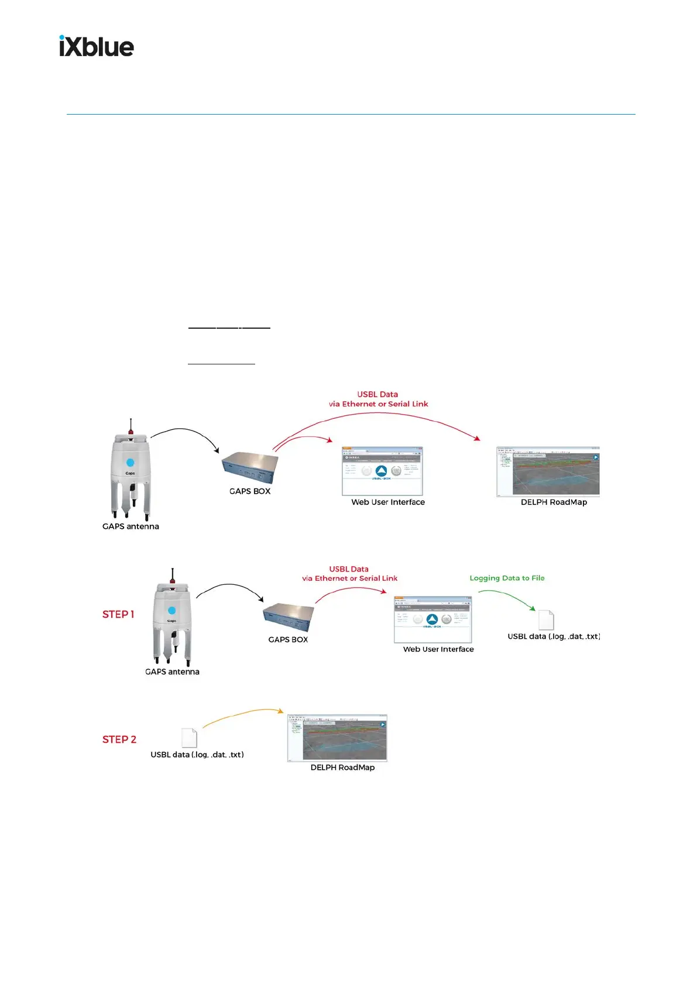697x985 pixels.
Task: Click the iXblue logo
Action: tap(97, 46)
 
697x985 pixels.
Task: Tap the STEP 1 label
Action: tap(118, 614)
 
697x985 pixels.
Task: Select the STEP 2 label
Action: tap(119, 739)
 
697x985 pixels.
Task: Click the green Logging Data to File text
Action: tap(507, 578)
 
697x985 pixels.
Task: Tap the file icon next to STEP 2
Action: tap(189, 738)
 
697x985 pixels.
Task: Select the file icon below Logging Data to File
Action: tap(545, 620)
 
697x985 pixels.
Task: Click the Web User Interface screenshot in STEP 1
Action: tap(433, 619)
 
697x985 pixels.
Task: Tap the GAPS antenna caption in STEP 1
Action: tap(172, 671)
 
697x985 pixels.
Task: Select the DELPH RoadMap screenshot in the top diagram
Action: tap(548, 471)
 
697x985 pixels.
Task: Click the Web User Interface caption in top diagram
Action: tap(388, 502)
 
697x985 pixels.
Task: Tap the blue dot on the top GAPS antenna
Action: tap(130, 462)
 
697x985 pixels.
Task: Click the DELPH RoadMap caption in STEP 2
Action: tap(342, 767)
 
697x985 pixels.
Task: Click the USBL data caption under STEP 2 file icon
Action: tap(197, 755)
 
